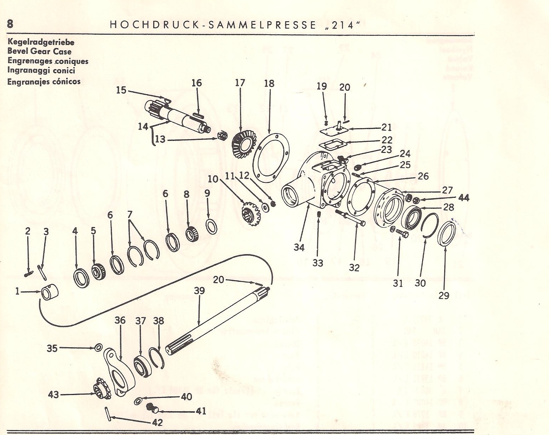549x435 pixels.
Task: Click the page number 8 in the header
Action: pos(10,24)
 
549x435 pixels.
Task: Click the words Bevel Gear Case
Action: pos(39,51)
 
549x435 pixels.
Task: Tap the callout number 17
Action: pos(240,83)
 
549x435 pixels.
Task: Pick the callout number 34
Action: pos(299,247)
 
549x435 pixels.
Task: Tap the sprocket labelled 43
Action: pos(101,392)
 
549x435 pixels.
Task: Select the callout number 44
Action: pos(464,198)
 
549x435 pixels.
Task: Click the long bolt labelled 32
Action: pos(352,217)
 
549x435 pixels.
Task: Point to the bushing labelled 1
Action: pos(50,293)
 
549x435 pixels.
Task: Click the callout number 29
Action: pos(444,295)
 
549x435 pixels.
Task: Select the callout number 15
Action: pos(121,90)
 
